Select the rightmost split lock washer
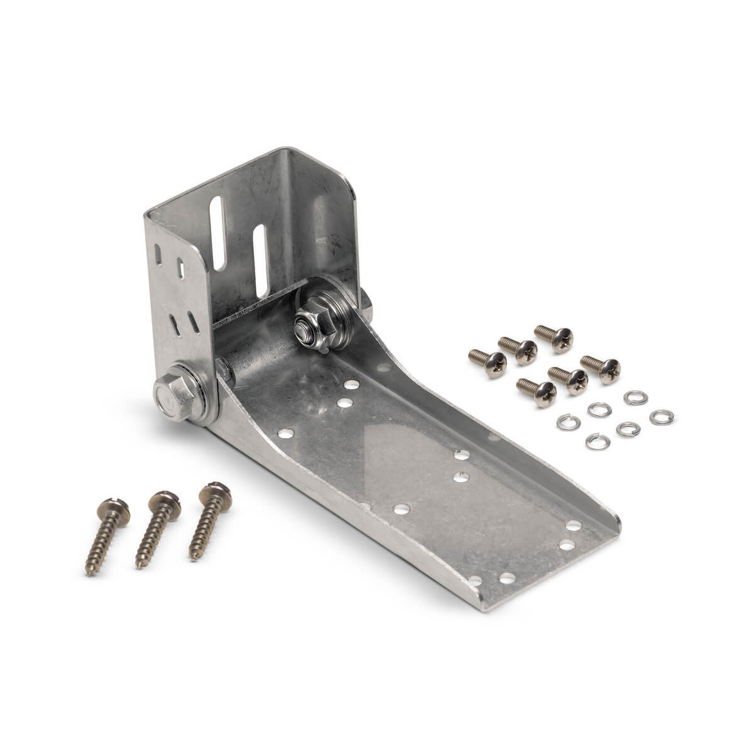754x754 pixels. point(661,417)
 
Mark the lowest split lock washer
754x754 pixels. point(598,441)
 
